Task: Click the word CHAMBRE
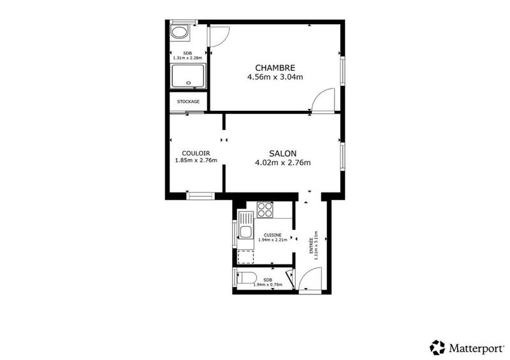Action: pyautogui.click(x=275, y=68)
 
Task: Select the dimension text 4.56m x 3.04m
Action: pyautogui.click(x=275, y=77)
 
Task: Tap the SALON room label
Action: pyautogui.click(x=282, y=153)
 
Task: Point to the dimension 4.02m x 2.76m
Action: pyautogui.click(x=282, y=162)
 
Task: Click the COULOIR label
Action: pyautogui.click(x=196, y=153)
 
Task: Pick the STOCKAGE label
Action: pyautogui.click(x=188, y=101)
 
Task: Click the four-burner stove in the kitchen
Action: pyautogui.click(x=265, y=210)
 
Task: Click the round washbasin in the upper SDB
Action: pyautogui.click(x=179, y=33)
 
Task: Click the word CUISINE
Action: pyautogui.click(x=273, y=234)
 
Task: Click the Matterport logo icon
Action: pyautogui.click(x=437, y=347)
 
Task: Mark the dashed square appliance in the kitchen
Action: pyautogui.click(x=245, y=257)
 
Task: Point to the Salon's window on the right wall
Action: pyautogui.click(x=342, y=156)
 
